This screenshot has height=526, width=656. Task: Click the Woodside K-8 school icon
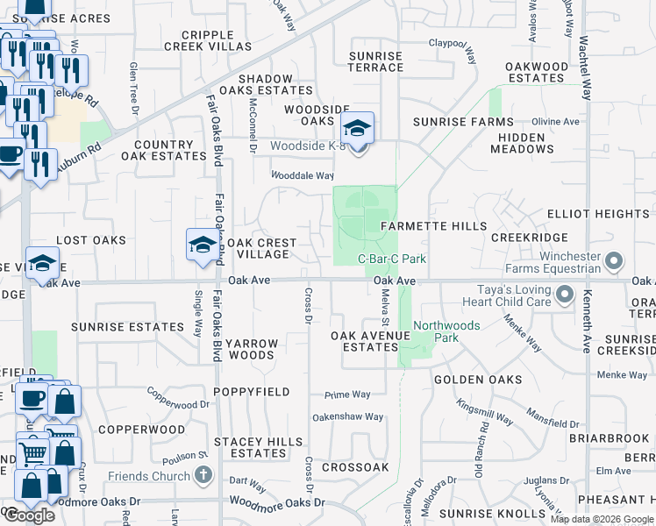point(357,128)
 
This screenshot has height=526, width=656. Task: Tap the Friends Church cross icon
point(204,476)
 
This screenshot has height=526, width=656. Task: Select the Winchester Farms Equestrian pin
point(614,260)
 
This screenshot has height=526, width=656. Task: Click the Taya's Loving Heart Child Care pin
point(565,295)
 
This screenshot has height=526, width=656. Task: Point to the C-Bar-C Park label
point(392,259)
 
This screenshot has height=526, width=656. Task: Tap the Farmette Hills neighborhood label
point(433,226)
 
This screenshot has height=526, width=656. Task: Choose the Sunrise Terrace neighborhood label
point(375,61)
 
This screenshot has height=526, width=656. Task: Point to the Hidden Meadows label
point(522,144)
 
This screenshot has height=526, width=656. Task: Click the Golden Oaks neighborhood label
point(478,380)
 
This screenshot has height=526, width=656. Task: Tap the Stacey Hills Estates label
point(258,447)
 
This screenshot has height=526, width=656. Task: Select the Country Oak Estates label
point(163,150)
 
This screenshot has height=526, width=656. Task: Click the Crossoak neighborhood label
point(355,468)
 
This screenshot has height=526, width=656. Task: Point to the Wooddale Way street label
point(302,175)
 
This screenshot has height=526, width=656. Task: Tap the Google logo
point(29,515)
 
